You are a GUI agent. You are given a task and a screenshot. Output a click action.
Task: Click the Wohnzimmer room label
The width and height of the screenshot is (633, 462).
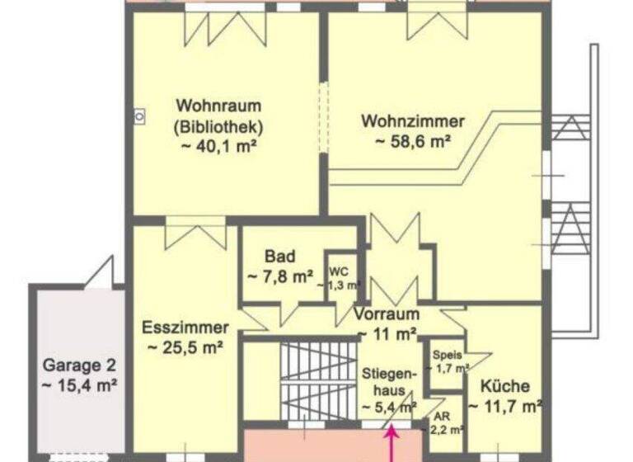(413, 121)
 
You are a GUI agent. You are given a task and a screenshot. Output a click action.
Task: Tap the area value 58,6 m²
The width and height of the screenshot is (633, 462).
(413, 141)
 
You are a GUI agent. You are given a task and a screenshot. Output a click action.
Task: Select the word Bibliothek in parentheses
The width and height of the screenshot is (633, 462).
(218, 127)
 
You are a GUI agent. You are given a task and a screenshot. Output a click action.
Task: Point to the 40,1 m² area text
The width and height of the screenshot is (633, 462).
(218, 147)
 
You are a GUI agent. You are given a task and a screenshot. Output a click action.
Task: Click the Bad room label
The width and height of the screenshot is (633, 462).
(280, 256)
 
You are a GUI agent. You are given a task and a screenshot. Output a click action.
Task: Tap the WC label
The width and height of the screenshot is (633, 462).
(339, 271)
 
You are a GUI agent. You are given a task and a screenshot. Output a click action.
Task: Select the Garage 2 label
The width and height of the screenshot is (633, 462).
(79, 365)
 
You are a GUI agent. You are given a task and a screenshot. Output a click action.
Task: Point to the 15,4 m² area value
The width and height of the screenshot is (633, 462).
(79, 384)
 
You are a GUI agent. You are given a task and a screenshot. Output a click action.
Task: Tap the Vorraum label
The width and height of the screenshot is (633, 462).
(387, 314)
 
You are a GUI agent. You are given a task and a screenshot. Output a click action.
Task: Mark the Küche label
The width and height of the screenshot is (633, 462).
(505, 386)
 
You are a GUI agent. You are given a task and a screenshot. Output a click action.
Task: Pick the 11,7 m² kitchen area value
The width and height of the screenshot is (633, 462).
(505, 406)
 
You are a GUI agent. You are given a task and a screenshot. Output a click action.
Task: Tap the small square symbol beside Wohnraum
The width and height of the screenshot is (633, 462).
(139, 118)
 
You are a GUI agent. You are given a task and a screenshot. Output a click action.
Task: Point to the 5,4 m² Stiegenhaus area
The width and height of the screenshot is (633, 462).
(390, 407)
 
